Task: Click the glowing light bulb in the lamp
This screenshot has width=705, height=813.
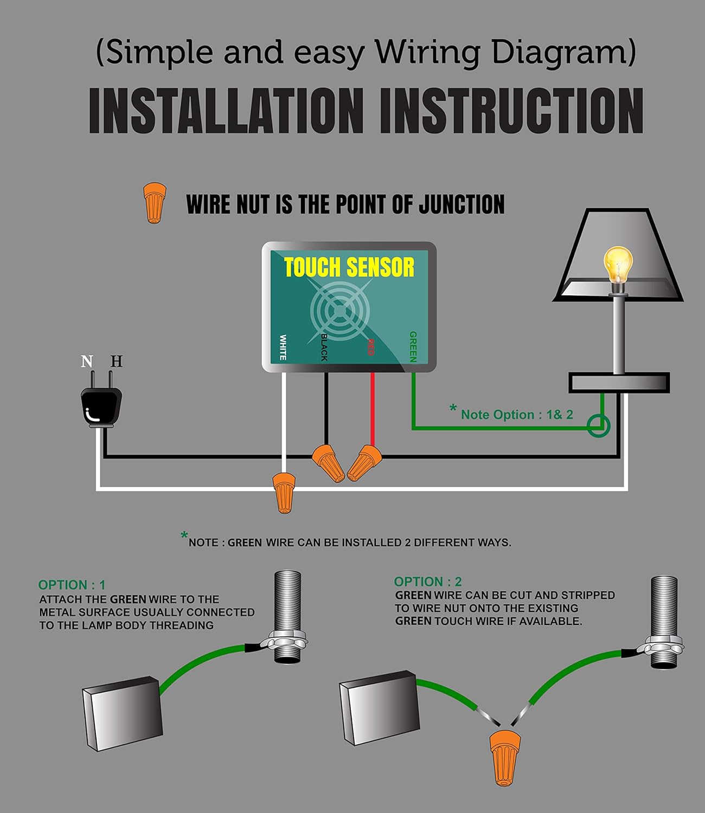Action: click(x=618, y=264)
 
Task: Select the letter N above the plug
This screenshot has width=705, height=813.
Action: click(x=87, y=361)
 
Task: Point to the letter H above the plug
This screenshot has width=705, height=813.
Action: click(x=117, y=361)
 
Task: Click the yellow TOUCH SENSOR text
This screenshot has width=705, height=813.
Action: click(x=349, y=268)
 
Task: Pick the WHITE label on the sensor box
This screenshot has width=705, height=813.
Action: click(x=283, y=347)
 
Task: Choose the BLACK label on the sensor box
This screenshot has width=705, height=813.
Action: click(x=324, y=347)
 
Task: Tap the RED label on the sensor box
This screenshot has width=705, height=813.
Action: click(x=371, y=347)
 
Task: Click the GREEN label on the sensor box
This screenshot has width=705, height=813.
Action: click(x=413, y=347)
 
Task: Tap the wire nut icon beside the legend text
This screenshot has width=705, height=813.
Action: click(x=154, y=202)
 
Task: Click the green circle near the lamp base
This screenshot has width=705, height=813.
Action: click(x=599, y=425)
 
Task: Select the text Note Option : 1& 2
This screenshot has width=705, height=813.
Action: click(x=516, y=415)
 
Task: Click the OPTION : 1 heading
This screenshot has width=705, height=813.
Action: click(x=72, y=585)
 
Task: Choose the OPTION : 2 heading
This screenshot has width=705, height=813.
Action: click(x=428, y=582)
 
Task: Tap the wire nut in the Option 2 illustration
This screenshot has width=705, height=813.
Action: click(x=504, y=757)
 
